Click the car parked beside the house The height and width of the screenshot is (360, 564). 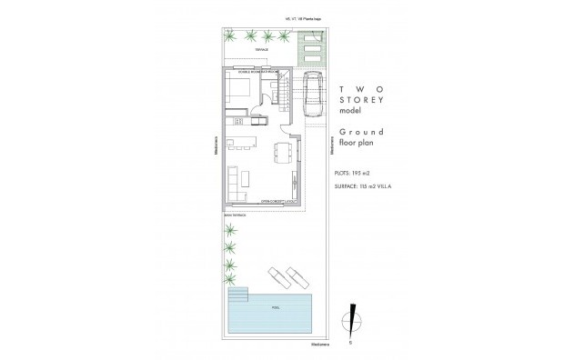(x=314, y=95)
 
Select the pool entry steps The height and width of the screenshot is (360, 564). (x=237, y=296)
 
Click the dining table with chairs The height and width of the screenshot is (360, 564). (x=283, y=151)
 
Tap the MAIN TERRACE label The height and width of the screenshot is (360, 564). (x=235, y=213)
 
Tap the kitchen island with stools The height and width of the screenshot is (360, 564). (x=241, y=140)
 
